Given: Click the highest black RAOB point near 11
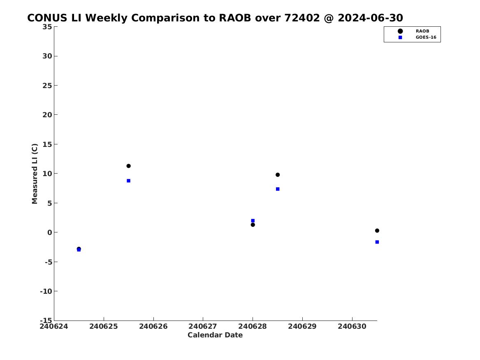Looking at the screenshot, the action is pos(129,166).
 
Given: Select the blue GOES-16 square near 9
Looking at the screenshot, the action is pos(129,181).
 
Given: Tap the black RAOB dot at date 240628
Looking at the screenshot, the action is pos(253,225).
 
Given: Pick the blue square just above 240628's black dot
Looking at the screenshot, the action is pos(253,221).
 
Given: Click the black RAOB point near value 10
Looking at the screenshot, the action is pos(278,175).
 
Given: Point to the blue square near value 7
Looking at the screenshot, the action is pos(278,189).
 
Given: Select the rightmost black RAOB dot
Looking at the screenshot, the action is pos(377,230).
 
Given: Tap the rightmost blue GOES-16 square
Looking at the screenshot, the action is pos(377,242).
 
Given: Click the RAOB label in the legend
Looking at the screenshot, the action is pos(422,31).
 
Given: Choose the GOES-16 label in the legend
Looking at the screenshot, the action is pos(426,37).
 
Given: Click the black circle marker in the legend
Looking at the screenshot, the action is pos(400,31).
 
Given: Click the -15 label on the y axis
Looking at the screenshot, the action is pos(46,320).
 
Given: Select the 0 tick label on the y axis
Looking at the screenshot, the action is pos(50,232).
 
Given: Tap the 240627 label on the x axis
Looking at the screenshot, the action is pos(203,326).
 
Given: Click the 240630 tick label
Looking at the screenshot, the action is pos(352,326).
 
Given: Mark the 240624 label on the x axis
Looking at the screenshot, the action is pos(54,326).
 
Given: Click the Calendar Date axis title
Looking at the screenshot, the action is pos(215,335).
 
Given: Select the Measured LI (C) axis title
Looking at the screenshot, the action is pos(35,174).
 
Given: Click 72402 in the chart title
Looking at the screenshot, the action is pos(302,18).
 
